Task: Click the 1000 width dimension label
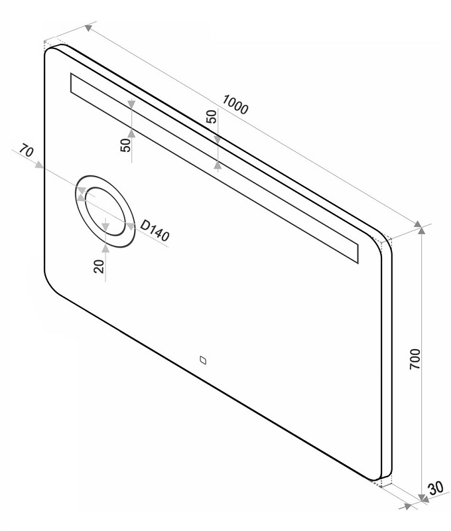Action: point(235,104)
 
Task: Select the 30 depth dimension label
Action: point(434,489)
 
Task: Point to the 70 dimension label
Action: point(27,151)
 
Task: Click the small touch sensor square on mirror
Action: point(203,362)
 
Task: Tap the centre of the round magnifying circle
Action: point(103,212)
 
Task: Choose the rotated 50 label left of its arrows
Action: point(125,145)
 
